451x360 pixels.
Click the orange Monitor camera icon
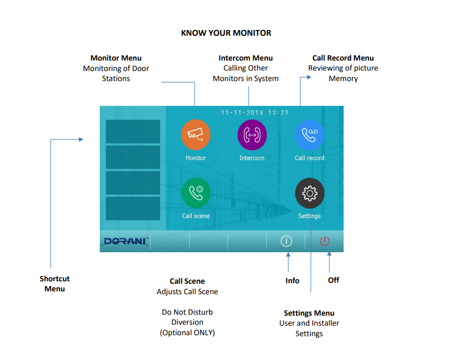pyautogui.click(x=196, y=134)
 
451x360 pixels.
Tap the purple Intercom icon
pyautogui.click(x=252, y=134)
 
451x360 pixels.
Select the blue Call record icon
pyautogui.click(x=310, y=134)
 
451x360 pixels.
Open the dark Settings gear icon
pyautogui.click(x=310, y=193)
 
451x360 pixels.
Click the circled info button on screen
pyautogui.click(x=286, y=241)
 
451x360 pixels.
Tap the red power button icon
pyautogui.click(x=325, y=241)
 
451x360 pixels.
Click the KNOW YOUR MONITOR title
pyautogui.click(x=226, y=33)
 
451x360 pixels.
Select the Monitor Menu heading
pyautogui.click(x=116, y=58)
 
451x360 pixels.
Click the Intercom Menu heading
pyautogui.click(x=246, y=58)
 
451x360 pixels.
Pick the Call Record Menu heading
pyautogui.click(x=343, y=58)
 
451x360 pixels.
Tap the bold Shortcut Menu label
pyautogui.click(x=55, y=284)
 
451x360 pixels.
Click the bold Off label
pyautogui.click(x=334, y=280)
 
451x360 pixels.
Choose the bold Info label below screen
pyautogui.click(x=293, y=280)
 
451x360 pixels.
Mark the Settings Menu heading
pyautogui.click(x=309, y=313)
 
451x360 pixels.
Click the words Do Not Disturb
pyautogui.click(x=187, y=312)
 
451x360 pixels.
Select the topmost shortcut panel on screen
pyautogui.click(x=133, y=131)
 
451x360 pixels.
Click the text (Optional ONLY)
pyautogui.click(x=187, y=333)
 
